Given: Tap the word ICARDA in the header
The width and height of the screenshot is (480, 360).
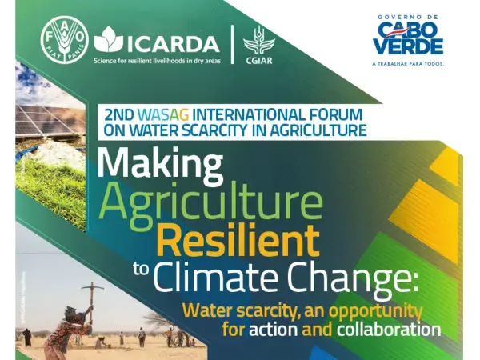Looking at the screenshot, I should tap(175, 42).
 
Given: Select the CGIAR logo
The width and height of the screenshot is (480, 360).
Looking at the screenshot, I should tap(258, 44).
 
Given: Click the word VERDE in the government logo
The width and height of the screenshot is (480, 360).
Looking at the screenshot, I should tap(408, 47).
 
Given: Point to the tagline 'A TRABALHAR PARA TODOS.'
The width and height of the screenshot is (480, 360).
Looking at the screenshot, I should tap(408, 62).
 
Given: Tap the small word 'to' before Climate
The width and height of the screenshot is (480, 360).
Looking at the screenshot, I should tap(141, 268).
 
